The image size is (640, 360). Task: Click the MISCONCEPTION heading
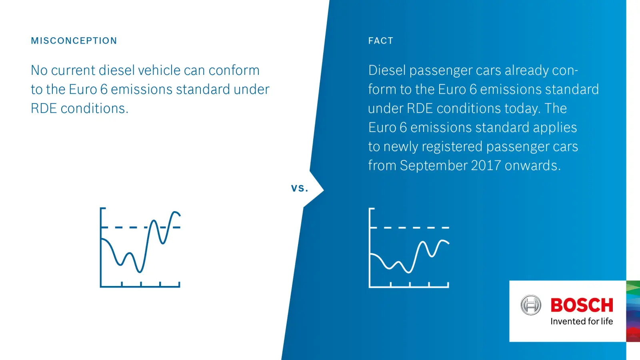(x=74, y=41)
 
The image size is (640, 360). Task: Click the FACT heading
(x=381, y=41)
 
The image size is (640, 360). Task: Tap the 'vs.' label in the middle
(x=300, y=188)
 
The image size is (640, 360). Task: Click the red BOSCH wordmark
(x=582, y=305)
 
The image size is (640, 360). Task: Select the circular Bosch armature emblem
(x=530, y=305)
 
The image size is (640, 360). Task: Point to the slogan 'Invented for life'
(x=582, y=322)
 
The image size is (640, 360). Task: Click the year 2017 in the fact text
(x=486, y=166)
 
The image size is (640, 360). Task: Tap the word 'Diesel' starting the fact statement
(x=387, y=70)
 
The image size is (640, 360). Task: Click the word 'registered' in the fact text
(x=452, y=147)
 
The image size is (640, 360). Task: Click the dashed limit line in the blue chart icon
(x=140, y=228)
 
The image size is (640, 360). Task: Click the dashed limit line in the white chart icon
(x=409, y=228)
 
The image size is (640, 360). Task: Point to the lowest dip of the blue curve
(x=140, y=272)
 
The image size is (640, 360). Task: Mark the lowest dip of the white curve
(x=408, y=272)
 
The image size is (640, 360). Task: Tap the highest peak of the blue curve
(x=175, y=212)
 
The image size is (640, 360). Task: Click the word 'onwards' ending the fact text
(x=532, y=166)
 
